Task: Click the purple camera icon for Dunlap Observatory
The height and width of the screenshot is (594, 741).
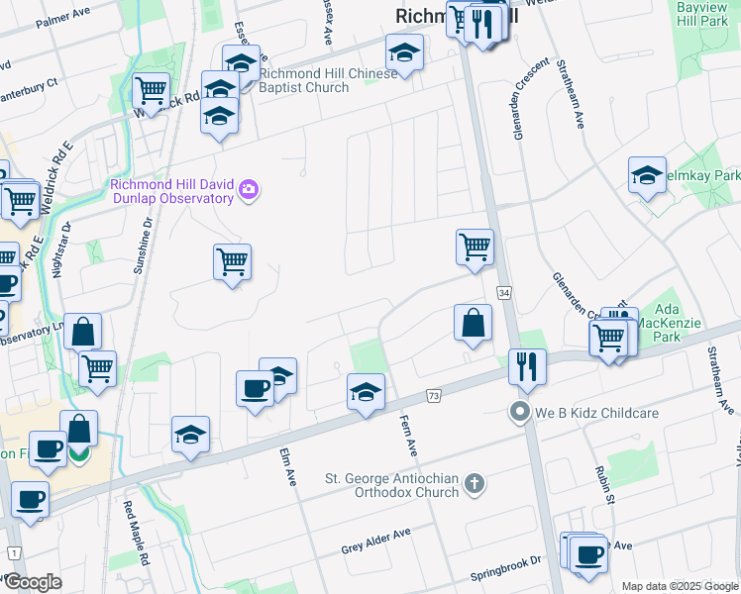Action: tap(249, 189)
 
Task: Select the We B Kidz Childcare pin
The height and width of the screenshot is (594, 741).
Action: tap(517, 412)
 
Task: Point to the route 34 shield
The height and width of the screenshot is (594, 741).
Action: tap(504, 293)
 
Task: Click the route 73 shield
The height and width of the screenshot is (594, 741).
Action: tap(434, 396)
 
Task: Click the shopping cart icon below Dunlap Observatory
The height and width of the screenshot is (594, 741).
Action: tap(232, 262)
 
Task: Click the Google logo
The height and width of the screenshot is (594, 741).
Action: tap(33, 582)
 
